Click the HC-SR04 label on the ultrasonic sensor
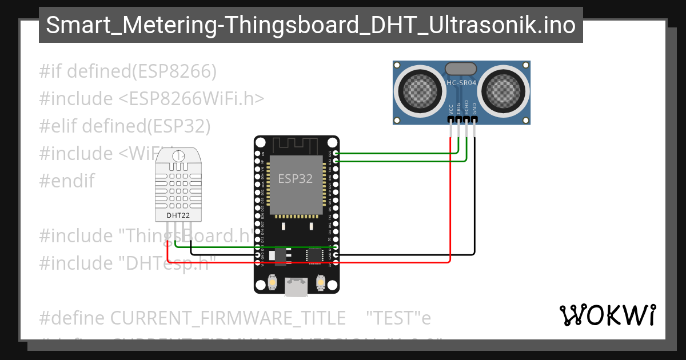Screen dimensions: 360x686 [461, 83]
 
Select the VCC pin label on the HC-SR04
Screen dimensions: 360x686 [451, 109]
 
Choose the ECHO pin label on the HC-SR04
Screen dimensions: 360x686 [466, 107]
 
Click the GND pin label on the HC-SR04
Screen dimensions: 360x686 [474, 109]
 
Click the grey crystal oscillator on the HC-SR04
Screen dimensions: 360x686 [461, 69]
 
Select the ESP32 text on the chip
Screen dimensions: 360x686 [296, 178]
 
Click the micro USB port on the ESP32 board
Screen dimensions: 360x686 [297, 287]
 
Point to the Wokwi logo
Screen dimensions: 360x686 [607, 315]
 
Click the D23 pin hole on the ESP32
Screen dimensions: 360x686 [336, 153]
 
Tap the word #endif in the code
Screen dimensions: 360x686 [67, 181]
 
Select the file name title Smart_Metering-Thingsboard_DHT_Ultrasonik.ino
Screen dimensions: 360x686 [311, 25]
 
